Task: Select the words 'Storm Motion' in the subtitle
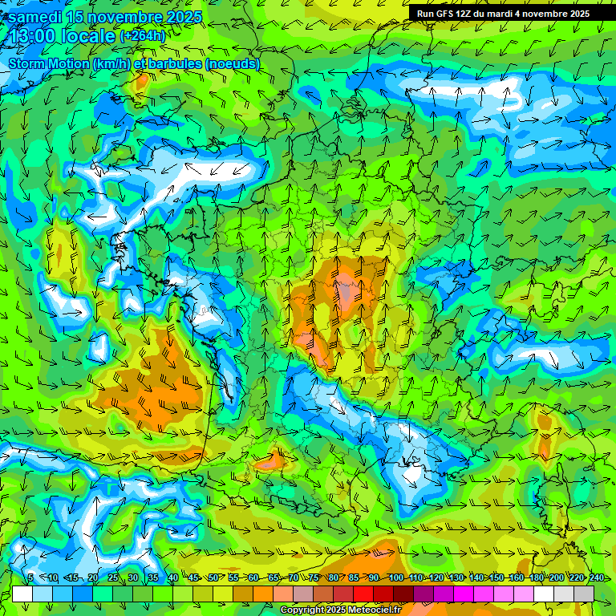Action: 48,63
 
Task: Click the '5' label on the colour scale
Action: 30,577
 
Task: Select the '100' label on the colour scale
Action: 396,577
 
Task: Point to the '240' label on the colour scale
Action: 596,577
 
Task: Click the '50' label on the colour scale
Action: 213,577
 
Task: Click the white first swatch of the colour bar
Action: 22,594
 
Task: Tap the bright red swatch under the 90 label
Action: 363,594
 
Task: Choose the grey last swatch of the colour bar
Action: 584,594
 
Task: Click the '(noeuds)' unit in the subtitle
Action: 233,63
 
